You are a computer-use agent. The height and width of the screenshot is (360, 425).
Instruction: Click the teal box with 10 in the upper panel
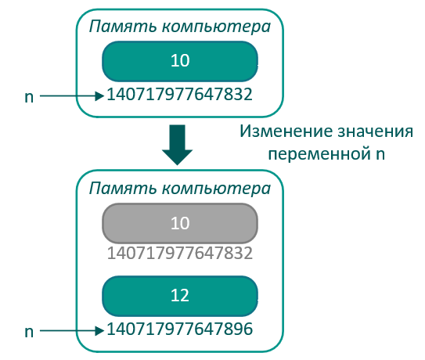click(x=180, y=61)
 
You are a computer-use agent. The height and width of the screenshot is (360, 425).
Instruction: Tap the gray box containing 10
click(x=180, y=223)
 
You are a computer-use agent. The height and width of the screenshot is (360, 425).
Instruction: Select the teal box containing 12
click(x=180, y=296)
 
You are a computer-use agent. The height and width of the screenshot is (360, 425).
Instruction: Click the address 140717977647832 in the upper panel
click(x=180, y=95)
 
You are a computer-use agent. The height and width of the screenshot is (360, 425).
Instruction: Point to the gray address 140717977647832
click(x=180, y=254)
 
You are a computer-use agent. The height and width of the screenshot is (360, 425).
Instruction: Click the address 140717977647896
click(x=180, y=329)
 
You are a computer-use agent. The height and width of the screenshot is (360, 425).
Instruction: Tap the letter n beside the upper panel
click(x=29, y=97)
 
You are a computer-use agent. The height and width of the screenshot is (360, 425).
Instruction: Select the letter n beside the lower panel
click(x=29, y=332)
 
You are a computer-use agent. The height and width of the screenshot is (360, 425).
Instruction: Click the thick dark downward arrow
click(x=177, y=145)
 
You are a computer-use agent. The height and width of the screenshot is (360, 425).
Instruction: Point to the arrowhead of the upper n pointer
click(x=99, y=95)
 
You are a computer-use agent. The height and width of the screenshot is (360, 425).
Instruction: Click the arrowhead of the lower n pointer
click(x=99, y=330)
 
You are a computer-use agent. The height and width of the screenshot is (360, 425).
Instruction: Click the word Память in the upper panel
click(x=123, y=27)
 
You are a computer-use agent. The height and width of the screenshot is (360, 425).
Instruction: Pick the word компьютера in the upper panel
click(x=216, y=27)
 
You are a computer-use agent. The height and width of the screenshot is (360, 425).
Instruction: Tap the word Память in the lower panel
click(x=123, y=188)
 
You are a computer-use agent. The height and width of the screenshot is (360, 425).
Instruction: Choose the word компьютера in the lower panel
click(x=216, y=189)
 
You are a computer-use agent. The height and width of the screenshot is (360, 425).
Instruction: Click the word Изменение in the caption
click(x=286, y=131)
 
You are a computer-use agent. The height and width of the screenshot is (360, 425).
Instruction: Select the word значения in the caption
click(x=376, y=132)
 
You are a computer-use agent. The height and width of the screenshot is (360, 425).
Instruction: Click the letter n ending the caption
click(x=380, y=154)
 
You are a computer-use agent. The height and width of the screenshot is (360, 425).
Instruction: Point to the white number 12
click(x=180, y=295)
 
